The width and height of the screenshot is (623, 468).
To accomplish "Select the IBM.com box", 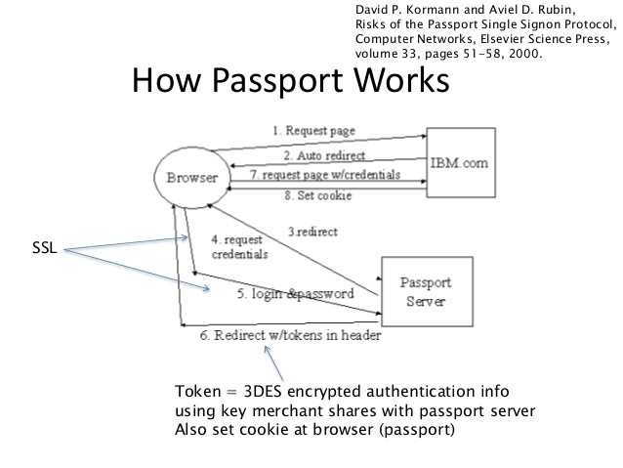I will tap(460, 162).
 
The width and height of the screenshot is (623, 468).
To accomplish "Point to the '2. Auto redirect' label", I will tap(325, 155).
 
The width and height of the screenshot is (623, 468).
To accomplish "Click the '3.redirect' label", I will tap(312, 232).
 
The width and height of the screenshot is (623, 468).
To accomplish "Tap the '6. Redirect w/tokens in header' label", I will tap(290, 334).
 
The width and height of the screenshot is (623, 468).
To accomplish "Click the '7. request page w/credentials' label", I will tap(325, 175).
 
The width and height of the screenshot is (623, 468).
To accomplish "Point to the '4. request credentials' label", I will tap(238, 246).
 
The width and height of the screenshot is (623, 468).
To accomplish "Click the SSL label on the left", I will tap(46, 250).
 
